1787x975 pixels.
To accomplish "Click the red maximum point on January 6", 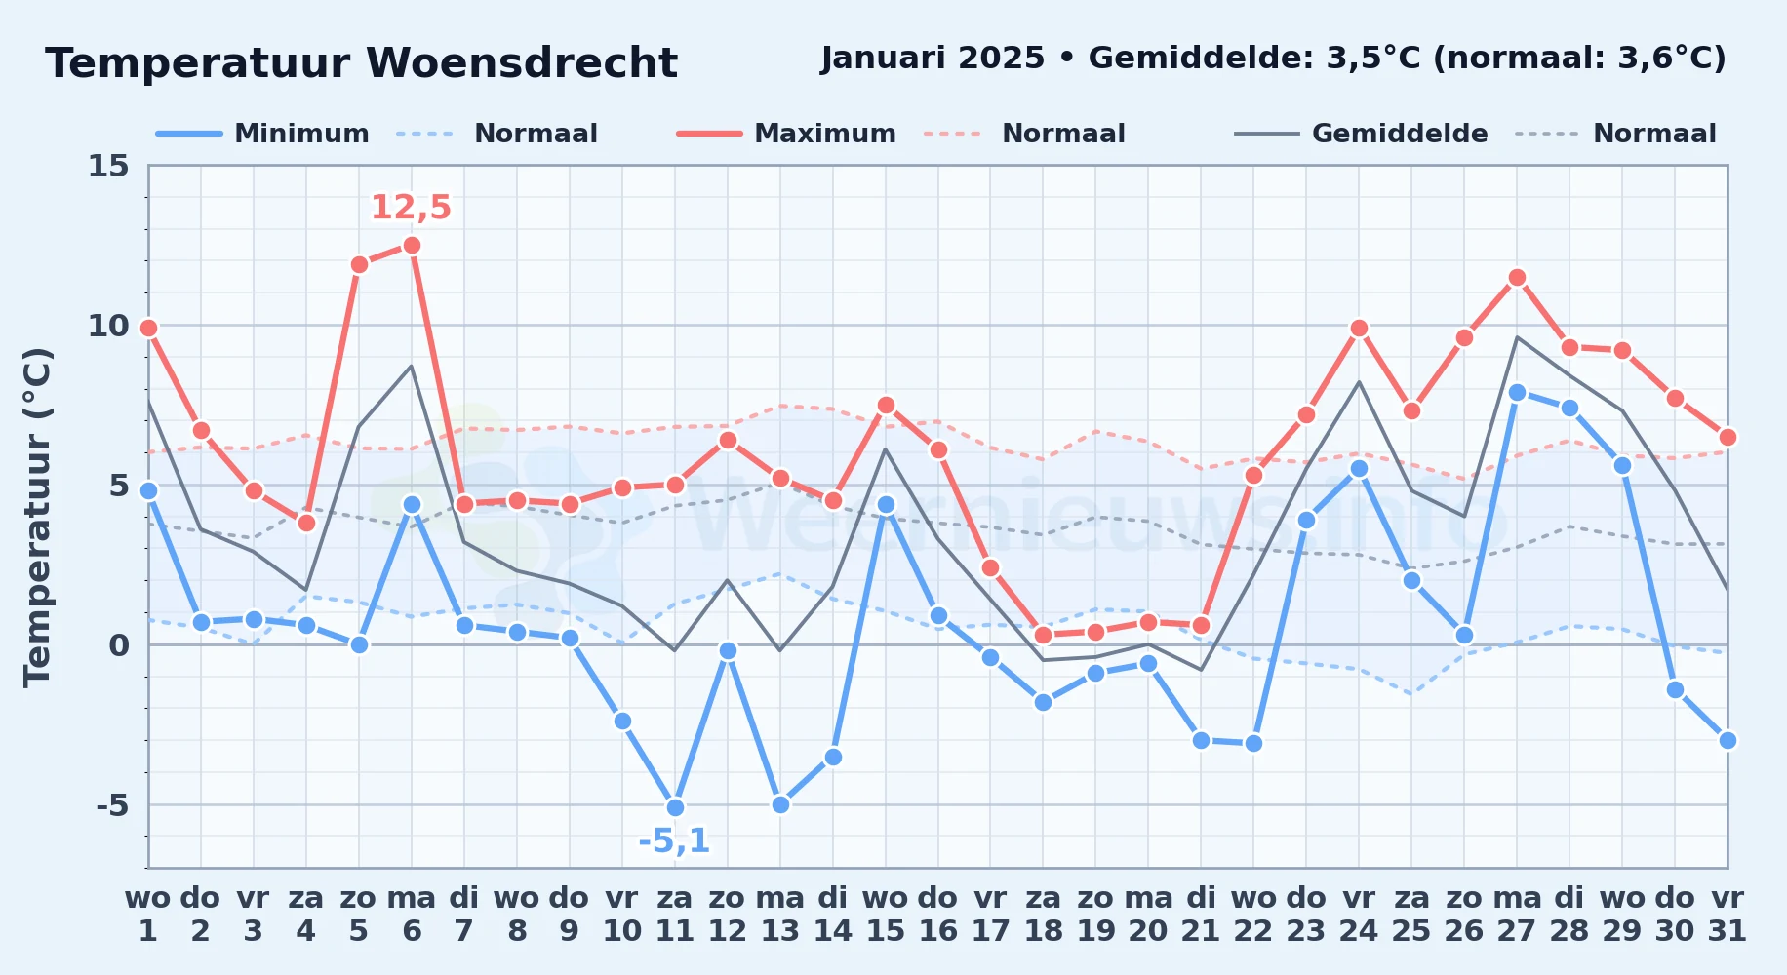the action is (412, 245).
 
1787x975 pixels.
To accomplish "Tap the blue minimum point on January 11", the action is (675, 807).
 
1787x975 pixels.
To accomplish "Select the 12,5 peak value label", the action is (411, 208).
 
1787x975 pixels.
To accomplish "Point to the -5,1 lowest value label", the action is (674, 840).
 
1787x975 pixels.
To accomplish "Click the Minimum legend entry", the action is (263, 134).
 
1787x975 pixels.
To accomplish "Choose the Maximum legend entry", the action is (786, 134).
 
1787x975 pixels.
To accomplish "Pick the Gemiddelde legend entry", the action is (1362, 134).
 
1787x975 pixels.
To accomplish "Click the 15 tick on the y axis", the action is (108, 166).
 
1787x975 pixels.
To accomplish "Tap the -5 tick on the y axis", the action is (112, 805).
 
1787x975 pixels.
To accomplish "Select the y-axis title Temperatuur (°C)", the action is (37, 517).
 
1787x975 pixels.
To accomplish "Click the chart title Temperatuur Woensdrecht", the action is (361, 63).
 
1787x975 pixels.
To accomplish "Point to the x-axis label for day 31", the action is (1727, 914).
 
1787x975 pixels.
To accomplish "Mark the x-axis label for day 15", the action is (886, 914).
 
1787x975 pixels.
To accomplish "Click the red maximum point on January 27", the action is (1517, 277).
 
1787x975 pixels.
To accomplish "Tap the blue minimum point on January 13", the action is (780, 804).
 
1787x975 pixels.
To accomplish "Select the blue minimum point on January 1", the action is (148, 490).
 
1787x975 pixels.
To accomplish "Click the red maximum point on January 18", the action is (1044, 635).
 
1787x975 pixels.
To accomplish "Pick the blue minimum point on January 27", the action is (1517, 392).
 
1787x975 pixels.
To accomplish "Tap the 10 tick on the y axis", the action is (108, 326).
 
